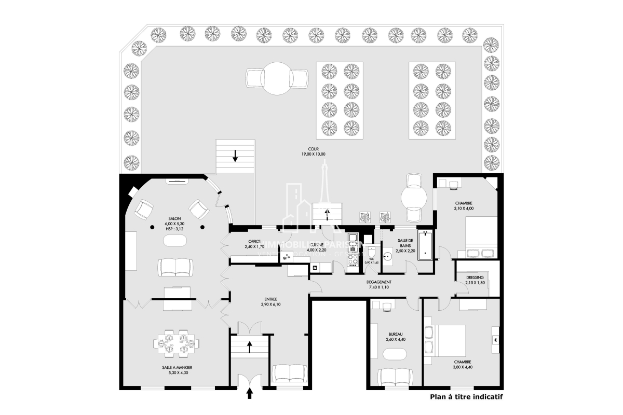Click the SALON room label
(174, 218)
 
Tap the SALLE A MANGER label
(174, 367)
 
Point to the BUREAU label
(395, 334)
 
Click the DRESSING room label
(475, 278)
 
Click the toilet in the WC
(369, 250)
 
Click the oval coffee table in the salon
(176, 241)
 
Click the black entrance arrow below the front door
(249, 395)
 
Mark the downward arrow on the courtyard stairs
(235, 155)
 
